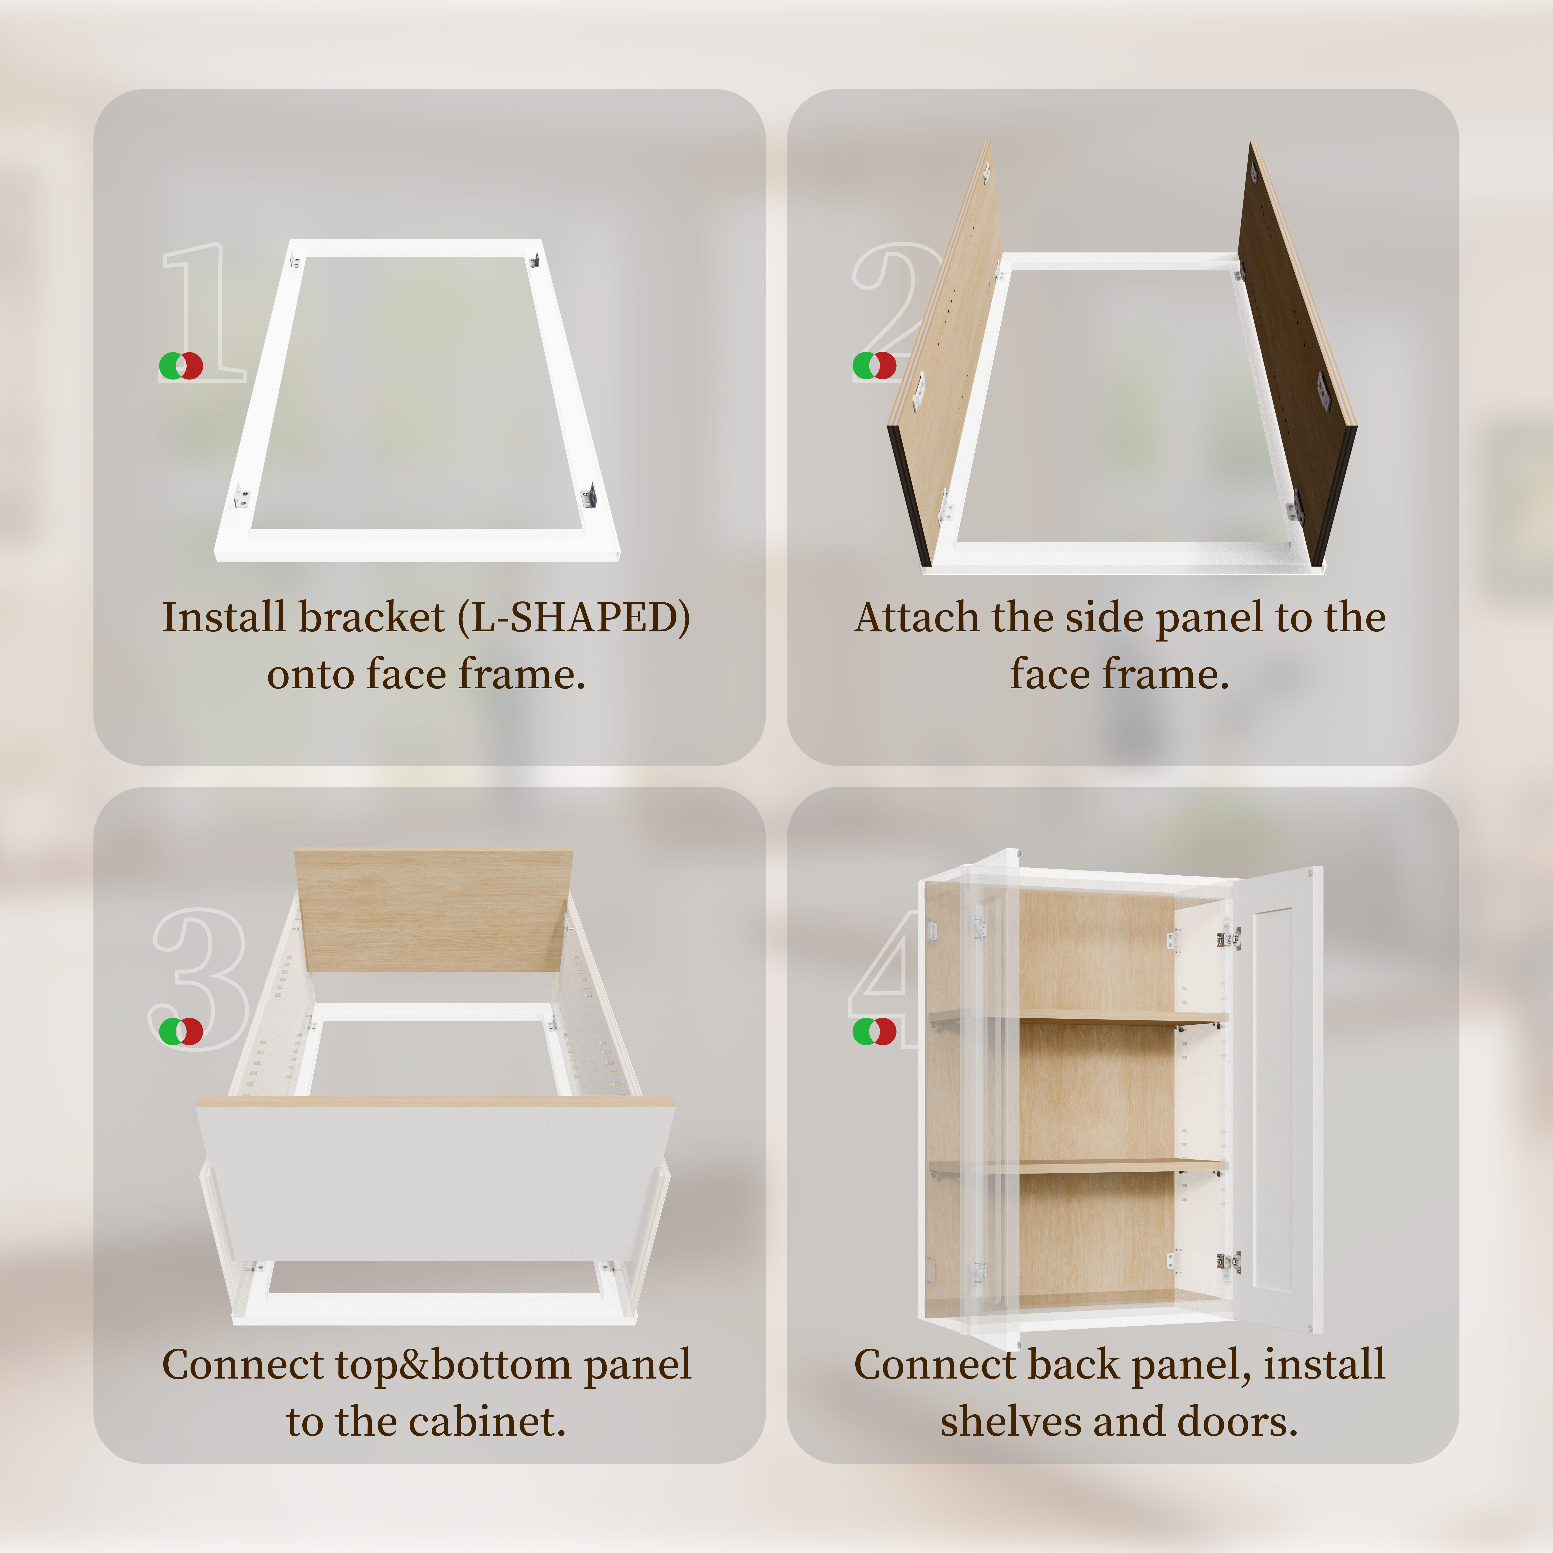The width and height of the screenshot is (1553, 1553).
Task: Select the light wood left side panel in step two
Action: click(945, 354)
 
